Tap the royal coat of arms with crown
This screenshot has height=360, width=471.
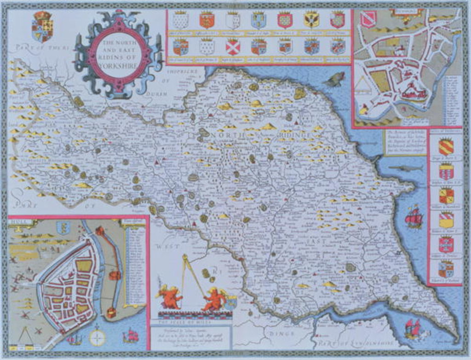click(x=42, y=27)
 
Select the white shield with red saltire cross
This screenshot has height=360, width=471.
click(x=233, y=47)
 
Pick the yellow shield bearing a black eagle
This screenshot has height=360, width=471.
click(x=311, y=20)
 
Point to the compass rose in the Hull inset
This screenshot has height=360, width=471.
click(x=97, y=337)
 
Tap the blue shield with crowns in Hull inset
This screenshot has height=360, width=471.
click(x=63, y=227)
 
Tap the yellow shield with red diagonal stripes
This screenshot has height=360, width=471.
click(x=446, y=147)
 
